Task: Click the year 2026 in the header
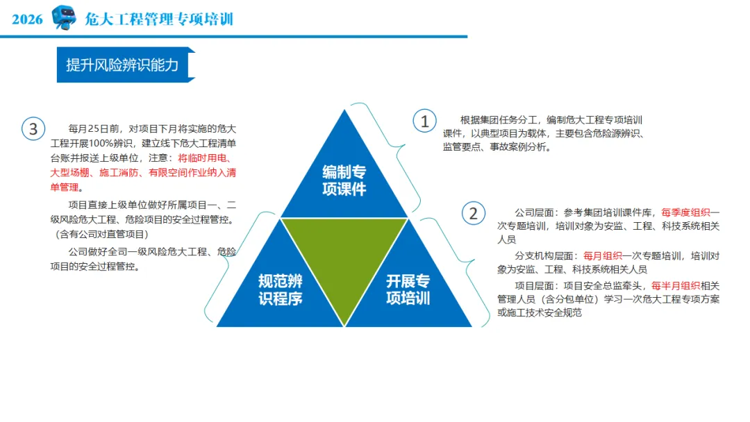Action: pos(27,19)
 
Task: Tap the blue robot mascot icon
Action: pos(64,18)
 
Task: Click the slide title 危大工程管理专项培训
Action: pos(159,19)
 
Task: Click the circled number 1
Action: pos(424,121)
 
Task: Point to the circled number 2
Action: pos(474,213)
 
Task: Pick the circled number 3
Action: pos(33,128)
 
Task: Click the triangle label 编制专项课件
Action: pos(344,180)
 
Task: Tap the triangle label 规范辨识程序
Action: pos(281,289)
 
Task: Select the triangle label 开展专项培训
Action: pos(408,289)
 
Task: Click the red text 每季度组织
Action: pos(685,212)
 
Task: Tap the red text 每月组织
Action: pos(603,255)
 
